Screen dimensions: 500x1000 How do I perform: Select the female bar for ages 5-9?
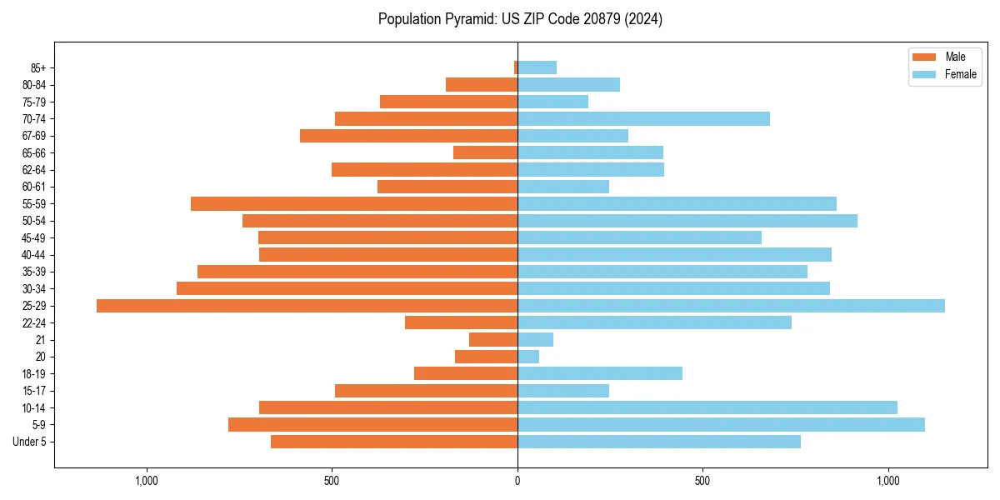[x=721, y=425]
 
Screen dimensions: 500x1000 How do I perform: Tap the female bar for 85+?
[x=537, y=67]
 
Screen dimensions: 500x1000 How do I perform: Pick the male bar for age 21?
[x=493, y=340]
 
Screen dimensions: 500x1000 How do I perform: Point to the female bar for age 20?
[x=528, y=357]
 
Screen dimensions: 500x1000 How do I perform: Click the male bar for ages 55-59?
[x=354, y=204]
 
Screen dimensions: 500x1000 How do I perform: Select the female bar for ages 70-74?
[x=643, y=119]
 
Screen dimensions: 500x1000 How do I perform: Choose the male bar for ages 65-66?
[x=485, y=152]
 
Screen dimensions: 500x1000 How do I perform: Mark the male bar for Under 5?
[x=394, y=442]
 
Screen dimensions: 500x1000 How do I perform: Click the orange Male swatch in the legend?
[x=924, y=57]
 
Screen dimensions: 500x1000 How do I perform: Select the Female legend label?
[x=960, y=74]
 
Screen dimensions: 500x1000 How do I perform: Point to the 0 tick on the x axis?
[x=517, y=481]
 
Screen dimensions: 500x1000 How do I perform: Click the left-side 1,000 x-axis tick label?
[x=146, y=481]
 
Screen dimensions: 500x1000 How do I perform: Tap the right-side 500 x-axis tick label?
[x=702, y=481]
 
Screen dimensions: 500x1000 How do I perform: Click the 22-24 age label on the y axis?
[x=34, y=323]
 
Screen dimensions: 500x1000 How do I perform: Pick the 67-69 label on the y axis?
[x=34, y=136]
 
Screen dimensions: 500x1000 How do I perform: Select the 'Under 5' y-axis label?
[x=30, y=442]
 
